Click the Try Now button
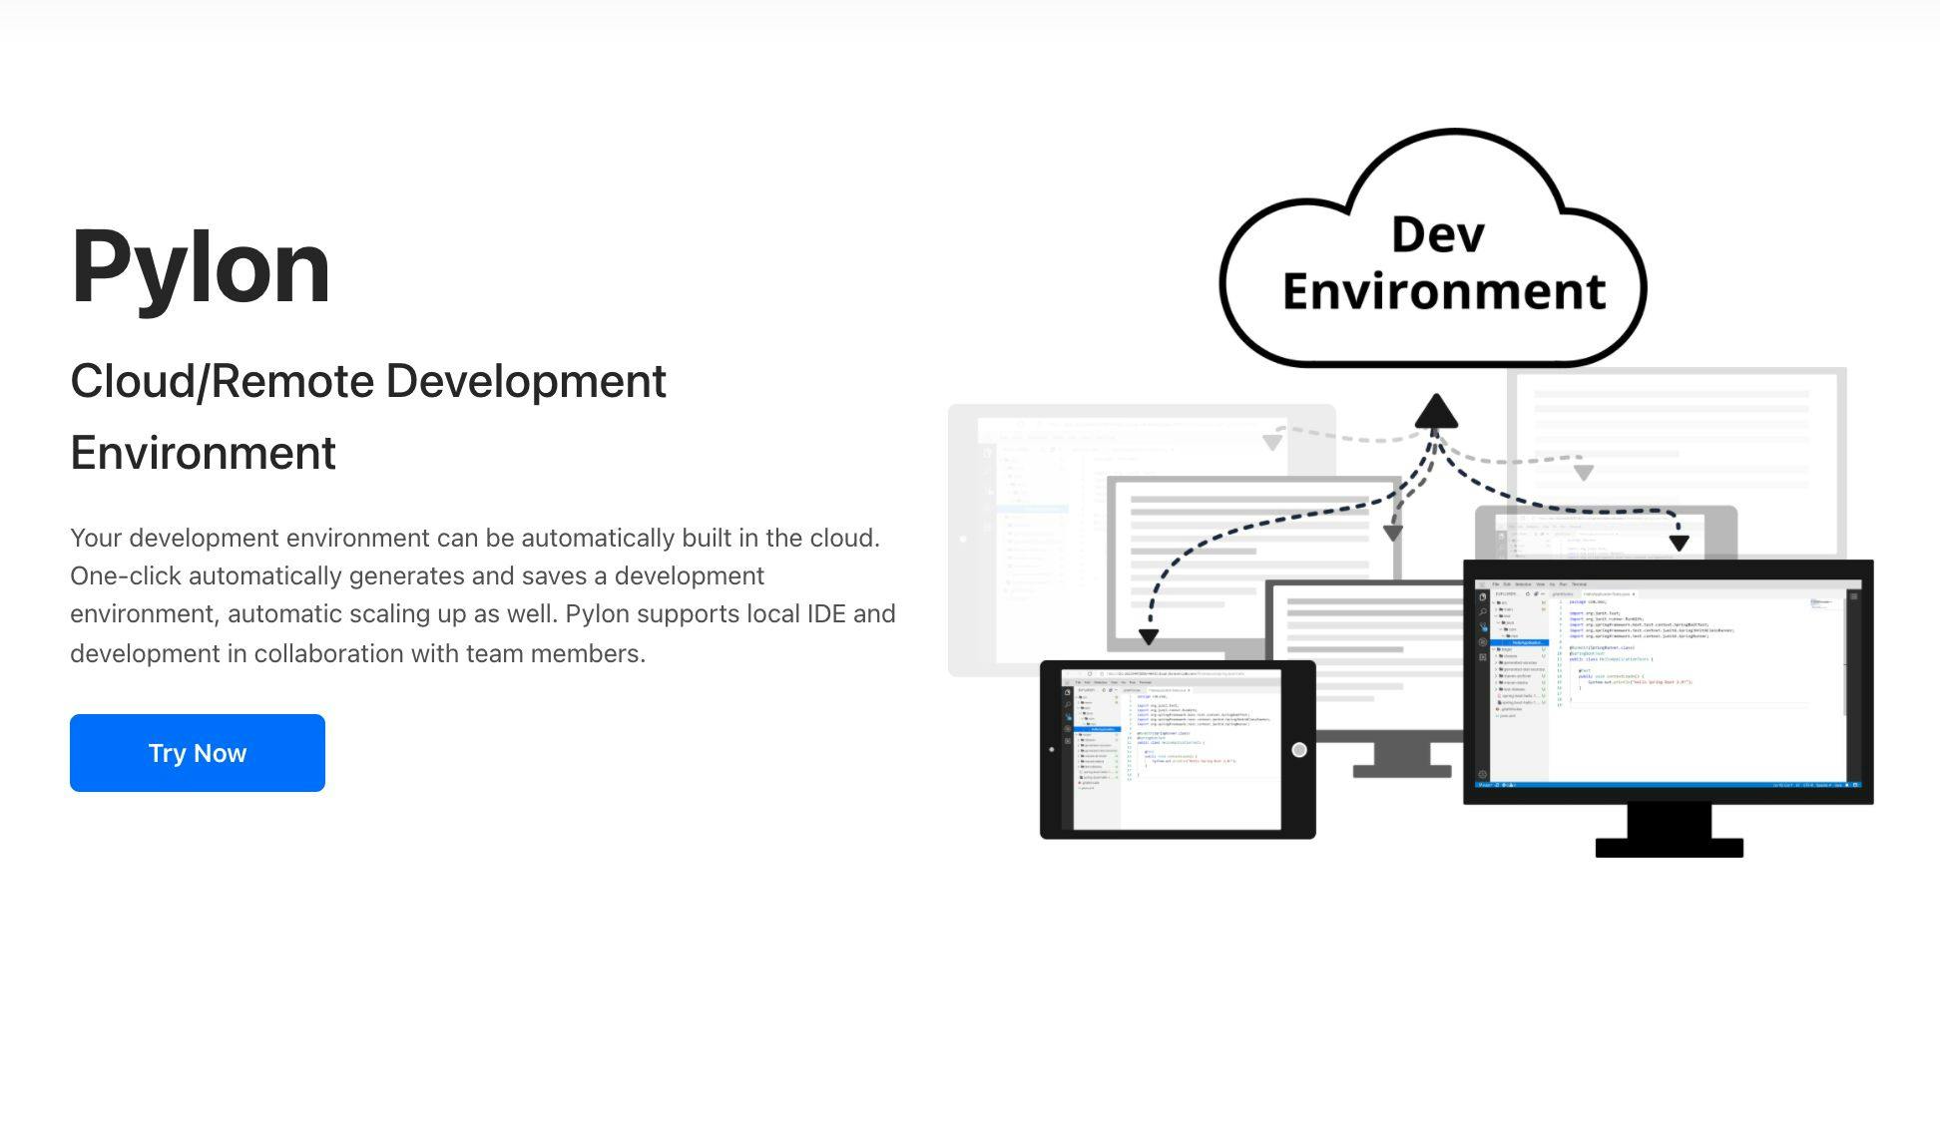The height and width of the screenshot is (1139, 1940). pos(197,753)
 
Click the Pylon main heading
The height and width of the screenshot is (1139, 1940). pos(201,266)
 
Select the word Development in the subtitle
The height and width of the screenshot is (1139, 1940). pos(525,381)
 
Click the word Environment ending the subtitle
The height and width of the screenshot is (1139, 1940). pos(203,453)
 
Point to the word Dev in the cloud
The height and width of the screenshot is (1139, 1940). pos(1437,235)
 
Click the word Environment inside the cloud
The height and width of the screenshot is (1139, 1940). pos(1443,291)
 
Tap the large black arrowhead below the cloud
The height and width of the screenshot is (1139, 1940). pos(1435,412)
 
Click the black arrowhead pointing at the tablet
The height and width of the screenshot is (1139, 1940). pos(1149,636)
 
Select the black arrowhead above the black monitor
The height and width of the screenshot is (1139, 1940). pos(1679,543)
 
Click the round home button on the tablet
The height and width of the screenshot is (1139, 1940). pos(1298,750)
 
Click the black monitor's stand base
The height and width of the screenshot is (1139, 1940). pos(1669,848)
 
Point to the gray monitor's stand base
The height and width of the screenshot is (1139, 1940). pos(1401,771)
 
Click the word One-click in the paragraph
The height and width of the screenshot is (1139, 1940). pos(126,575)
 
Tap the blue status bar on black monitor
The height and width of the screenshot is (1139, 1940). pos(1669,785)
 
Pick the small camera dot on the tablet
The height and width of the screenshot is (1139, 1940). pos(1051,749)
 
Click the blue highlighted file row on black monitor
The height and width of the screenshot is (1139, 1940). pos(1523,642)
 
